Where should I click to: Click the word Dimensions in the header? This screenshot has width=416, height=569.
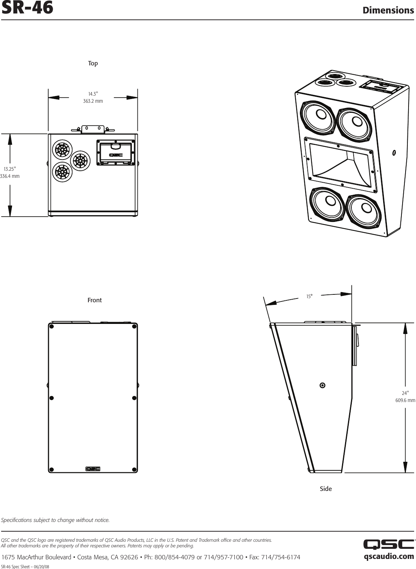[388, 10]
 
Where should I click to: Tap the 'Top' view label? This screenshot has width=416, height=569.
[93, 64]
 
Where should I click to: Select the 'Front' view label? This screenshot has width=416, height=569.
[94, 300]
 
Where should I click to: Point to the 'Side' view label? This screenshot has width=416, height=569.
[326, 489]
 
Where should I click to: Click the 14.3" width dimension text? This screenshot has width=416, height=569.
[93, 94]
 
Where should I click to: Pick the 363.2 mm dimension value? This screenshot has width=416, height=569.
[93, 101]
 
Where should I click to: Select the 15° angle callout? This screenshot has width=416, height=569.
[309, 296]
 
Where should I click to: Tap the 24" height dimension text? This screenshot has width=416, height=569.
[405, 393]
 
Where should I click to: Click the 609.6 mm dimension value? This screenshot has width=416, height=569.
[405, 401]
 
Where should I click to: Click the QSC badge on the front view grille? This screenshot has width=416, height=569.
[93, 469]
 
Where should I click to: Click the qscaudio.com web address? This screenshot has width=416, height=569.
[389, 556]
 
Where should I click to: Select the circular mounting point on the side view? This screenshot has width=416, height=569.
[322, 385]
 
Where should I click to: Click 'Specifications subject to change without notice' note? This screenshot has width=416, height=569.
[56, 520]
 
